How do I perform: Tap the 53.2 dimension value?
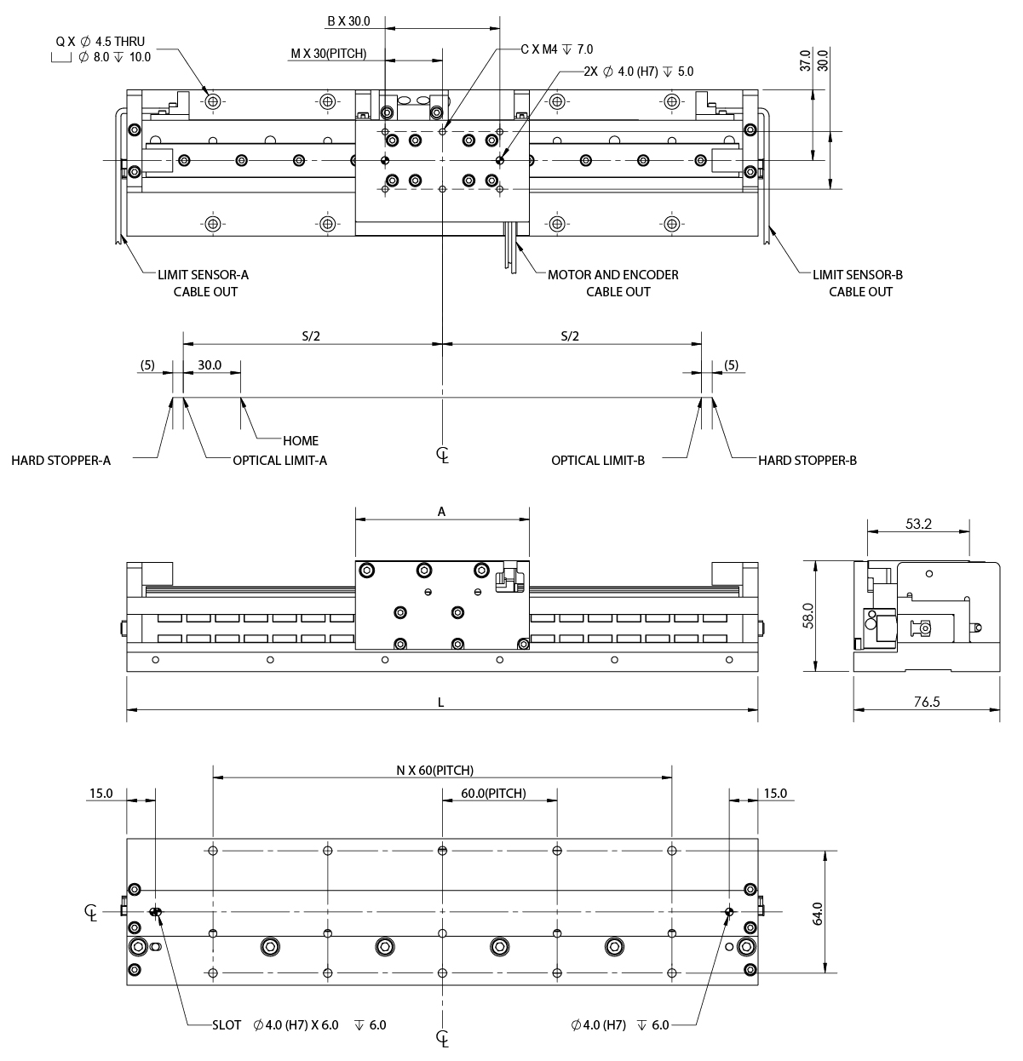[x=918, y=525]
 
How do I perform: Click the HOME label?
[x=300, y=440]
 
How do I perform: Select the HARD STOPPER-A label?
[x=60, y=461]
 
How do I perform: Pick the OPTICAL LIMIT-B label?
[x=597, y=461]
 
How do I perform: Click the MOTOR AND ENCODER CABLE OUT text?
[x=612, y=283]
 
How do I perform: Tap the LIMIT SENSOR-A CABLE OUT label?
[x=203, y=283]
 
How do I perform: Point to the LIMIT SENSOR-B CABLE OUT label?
[x=857, y=283]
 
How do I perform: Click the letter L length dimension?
[x=440, y=703]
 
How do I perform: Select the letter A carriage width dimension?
[x=441, y=512]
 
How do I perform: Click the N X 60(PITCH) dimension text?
[x=434, y=771]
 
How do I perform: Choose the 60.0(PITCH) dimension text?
[x=493, y=794]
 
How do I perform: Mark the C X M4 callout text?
[x=556, y=49]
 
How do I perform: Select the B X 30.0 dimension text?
[x=348, y=20]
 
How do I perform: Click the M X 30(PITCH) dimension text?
[x=328, y=54]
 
